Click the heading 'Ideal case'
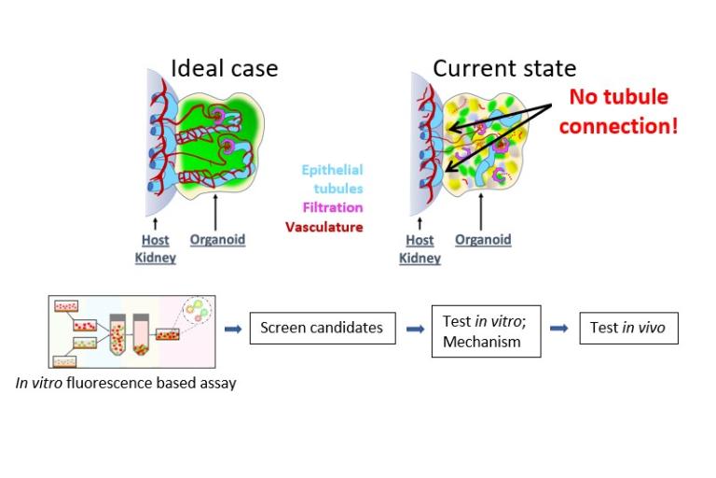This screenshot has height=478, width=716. (224, 68)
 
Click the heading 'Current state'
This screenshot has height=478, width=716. (504, 68)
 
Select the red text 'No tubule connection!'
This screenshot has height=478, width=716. (619, 110)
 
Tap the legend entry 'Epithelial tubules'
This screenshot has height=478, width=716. (332, 179)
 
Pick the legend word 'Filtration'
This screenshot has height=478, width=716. (332, 207)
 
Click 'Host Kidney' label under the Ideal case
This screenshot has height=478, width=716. (155, 248)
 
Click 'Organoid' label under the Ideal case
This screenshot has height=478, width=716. (217, 239)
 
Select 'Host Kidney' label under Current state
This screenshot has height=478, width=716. (420, 248)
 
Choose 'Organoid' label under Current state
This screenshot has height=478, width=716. (483, 239)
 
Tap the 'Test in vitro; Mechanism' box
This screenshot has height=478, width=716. (475, 330)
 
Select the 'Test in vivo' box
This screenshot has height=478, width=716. (628, 328)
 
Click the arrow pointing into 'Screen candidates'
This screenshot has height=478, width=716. (232, 329)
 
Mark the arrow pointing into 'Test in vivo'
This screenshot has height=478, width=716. (558, 329)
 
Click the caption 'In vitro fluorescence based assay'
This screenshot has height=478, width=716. (125, 382)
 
